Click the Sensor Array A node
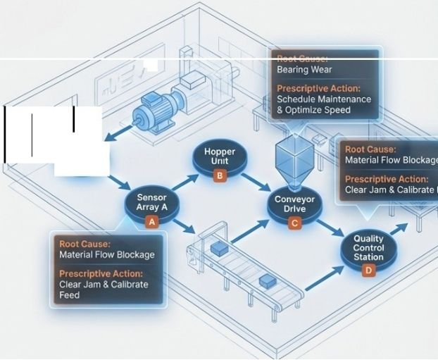(x=151, y=203)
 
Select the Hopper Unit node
(x=220, y=156)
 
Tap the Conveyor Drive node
(x=294, y=204)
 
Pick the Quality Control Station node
(x=368, y=248)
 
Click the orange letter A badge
(x=151, y=221)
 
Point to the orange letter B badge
(x=220, y=175)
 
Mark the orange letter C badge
(x=294, y=223)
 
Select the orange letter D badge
(x=368, y=270)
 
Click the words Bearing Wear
(x=304, y=70)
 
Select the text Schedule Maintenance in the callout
(x=324, y=99)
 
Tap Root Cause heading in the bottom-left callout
(x=85, y=244)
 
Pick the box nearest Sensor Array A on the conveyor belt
(x=219, y=248)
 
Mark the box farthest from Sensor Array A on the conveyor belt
(x=268, y=280)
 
